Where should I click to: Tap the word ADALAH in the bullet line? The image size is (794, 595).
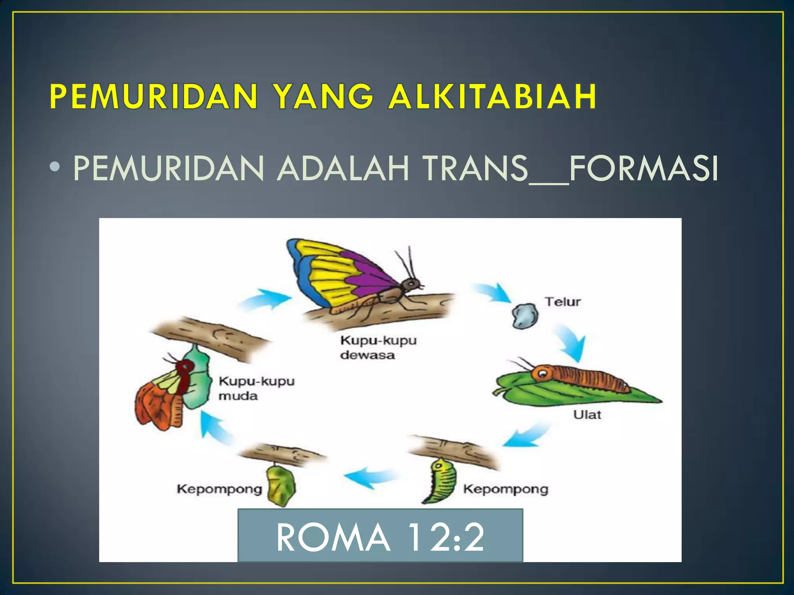343,169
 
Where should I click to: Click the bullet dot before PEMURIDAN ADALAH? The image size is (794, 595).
55,167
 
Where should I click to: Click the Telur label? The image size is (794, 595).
563,302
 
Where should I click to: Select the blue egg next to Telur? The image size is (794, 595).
525,316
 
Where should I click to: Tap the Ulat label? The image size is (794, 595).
587,415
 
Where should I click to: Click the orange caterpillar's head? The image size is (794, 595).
542,373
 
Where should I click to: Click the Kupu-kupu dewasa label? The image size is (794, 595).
378,347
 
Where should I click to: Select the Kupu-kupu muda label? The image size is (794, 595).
256,388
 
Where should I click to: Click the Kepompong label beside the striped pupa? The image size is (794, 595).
506,489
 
